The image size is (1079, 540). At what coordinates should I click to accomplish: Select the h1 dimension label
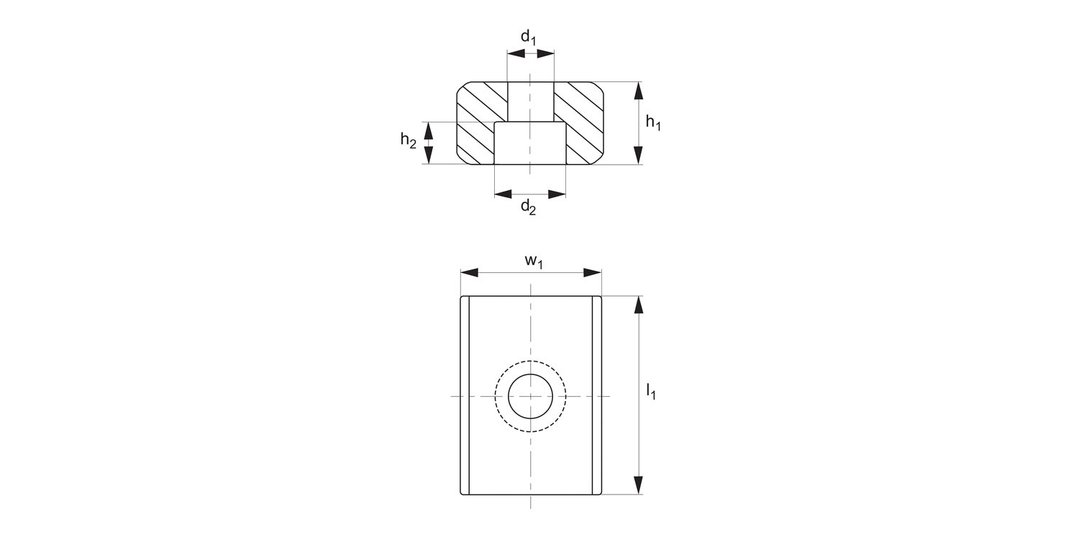click(652, 123)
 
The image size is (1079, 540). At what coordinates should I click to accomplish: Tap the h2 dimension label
click(408, 140)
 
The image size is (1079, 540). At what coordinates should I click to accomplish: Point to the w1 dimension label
click(533, 261)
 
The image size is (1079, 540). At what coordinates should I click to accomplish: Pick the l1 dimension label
click(650, 392)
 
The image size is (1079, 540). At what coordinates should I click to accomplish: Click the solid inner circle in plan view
click(531, 396)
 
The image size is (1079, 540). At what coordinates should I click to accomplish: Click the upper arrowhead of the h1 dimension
click(637, 91)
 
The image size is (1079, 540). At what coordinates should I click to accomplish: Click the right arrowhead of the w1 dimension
click(592, 273)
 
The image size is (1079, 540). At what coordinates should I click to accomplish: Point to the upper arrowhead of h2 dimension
click(429, 130)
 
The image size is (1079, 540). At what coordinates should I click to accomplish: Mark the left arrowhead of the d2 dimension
click(504, 194)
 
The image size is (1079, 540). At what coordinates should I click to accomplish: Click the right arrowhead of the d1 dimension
click(546, 53)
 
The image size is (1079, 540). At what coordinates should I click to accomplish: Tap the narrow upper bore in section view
click(531, 101)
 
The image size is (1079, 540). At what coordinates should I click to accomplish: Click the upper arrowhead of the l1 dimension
click(637, 305)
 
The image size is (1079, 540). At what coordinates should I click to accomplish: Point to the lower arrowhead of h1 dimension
click(637, 155)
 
